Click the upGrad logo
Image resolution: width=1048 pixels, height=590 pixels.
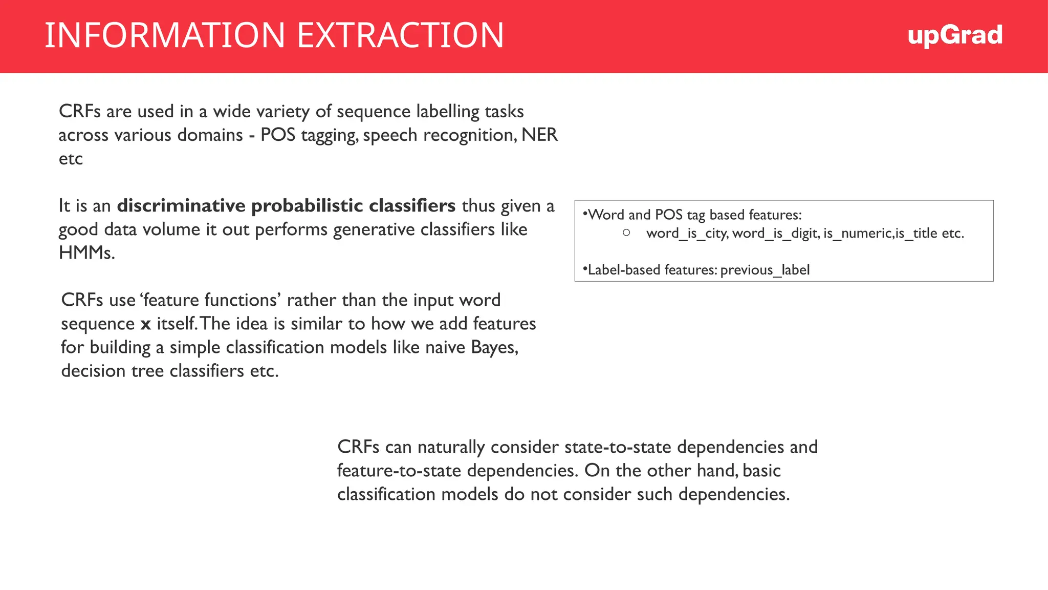click(x=954, y=35)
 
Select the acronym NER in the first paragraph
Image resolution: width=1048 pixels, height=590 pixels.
click(x=539, y=135)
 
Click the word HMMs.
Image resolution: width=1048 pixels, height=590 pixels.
click(x=86, y=252)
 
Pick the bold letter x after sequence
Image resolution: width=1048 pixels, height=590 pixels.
click(x=146, y=324)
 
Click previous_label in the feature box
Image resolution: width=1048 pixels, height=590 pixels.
click(x=765, y=270)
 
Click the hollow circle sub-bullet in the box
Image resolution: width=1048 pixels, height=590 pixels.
click(x=626, y=233)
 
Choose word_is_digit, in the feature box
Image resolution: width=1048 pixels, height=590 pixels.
click(x=776, y=234)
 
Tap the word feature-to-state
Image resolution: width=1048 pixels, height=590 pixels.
click(x=399, y=471)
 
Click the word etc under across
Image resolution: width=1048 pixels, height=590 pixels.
click(x=71, y=159)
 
